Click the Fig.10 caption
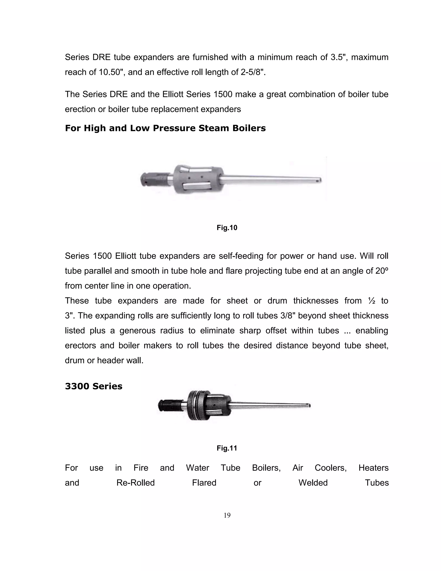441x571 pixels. tap(227, 228)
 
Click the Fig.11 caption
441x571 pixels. tap(227, 448)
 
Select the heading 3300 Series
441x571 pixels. tap(93, 386)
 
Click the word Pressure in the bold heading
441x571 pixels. tap(174, 128)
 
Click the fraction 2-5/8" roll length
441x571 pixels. tap(252, 72)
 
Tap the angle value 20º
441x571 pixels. tap(382, 271)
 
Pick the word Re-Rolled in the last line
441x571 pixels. tap(136, 482)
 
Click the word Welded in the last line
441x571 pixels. tap(313, 482)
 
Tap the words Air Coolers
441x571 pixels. tap(319, 468)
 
